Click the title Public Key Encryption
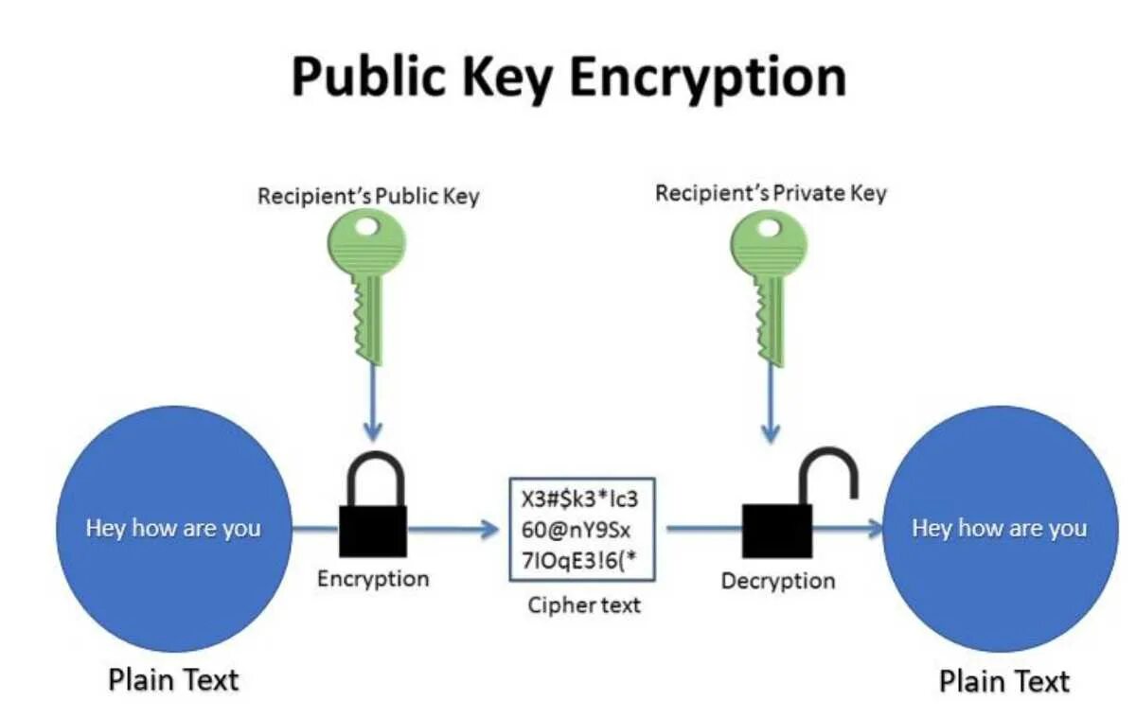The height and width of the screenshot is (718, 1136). coord(568,77)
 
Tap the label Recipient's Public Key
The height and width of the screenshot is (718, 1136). coord(368,197)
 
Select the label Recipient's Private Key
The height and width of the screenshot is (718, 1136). coord(771,194)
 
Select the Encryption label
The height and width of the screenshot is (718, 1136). coord(373,578)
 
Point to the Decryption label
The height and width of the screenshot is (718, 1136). coord(778,581)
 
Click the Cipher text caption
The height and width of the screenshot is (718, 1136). coord(583,604)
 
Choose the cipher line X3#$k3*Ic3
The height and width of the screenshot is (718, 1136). coord(580,498)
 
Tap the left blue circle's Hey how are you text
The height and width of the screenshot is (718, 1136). coord(173,528)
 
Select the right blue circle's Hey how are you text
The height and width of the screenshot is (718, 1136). coord(999,528)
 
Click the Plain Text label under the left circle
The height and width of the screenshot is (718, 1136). coord(173,679)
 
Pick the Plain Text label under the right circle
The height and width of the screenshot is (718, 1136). coord(1003,681)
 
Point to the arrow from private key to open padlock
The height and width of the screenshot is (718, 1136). coord(771,402)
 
